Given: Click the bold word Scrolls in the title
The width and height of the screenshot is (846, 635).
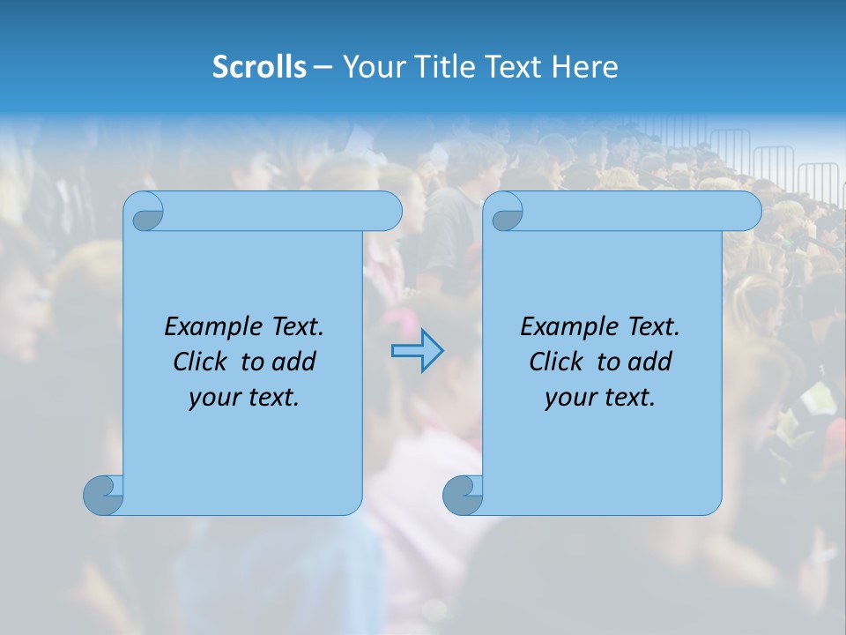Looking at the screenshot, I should click(260, 67).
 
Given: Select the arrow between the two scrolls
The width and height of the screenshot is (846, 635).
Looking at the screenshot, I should click(417, 351).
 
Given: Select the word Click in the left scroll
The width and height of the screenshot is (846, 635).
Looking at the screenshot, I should click(202, 362).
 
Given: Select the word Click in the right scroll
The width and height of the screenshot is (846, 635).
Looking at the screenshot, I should click(557, 362).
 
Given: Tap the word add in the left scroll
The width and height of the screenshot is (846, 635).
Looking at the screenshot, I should click(293, 362).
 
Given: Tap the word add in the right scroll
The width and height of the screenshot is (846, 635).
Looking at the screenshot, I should click(649, 362).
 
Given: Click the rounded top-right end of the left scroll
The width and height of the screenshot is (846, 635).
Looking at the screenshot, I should click(389, 212).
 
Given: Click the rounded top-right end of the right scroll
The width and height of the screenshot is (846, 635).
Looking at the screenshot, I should click(748, 212).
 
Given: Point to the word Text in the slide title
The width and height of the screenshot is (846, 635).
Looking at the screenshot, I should click(515, 67).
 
